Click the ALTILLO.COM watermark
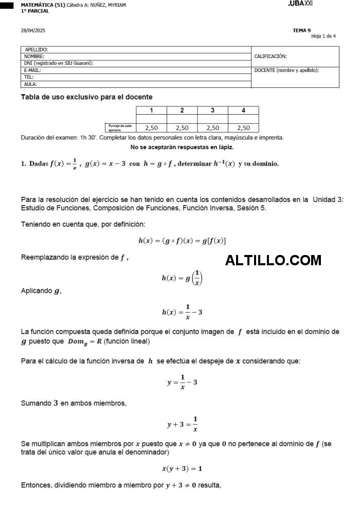[273, 261]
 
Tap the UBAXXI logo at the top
[300, 4]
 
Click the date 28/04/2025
[33, 30]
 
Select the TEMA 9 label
[301, 30]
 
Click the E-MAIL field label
[32, 70]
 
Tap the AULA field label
[30, 84]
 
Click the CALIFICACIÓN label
[271, 57]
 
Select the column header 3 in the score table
[212, 110]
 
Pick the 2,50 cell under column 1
[151, 128]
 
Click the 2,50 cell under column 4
[243, 128]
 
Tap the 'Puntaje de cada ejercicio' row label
[120, 128]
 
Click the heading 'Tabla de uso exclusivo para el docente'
[86, 97]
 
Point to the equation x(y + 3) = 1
[182, 468]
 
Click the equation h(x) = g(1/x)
[182, 278]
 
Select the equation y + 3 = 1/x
[183, 425]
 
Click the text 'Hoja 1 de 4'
[323, 36]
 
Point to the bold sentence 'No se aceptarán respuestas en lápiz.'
[182, 148]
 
